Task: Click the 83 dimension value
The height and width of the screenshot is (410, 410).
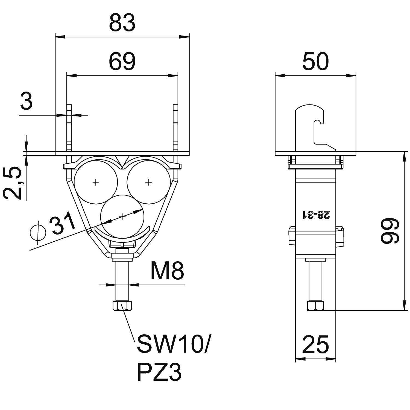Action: pos(122,23)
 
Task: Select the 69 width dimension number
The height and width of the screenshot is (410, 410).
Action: pos(122,62)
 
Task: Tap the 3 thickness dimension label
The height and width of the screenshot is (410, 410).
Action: pos(27,101)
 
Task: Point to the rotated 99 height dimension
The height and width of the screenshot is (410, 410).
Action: pos(390,231)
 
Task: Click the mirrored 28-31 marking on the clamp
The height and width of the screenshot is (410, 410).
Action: pos(316,215)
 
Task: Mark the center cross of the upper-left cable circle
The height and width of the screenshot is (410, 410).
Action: pos(96,182)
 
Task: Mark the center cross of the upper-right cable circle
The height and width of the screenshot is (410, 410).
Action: pos(148,182)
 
